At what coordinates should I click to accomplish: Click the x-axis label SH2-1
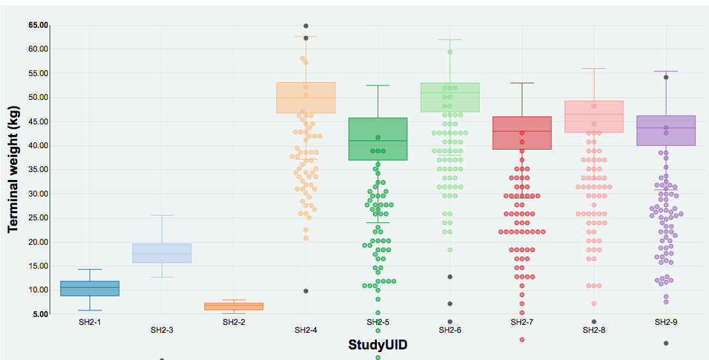click(x=89, y=322)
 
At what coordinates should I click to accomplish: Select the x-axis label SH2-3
click(x=161, y=330)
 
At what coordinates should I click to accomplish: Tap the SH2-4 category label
click(x=306, y=330)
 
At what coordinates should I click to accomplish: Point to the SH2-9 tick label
click(x=665, y=322)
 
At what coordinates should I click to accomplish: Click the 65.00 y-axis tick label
click(x=38, y=25)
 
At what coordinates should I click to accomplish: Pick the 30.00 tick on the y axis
click(x=38, y=194)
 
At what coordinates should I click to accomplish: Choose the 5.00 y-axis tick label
click(x=40, y=314)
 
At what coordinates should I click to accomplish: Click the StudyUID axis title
click(x=378, y=345)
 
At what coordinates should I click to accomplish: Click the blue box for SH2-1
click(x=90, y=289)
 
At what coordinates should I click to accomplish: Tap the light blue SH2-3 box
click(x=162, y=253)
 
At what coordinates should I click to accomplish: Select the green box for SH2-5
click(x=378, y=139)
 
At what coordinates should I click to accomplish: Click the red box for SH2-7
click(x=522, y=133)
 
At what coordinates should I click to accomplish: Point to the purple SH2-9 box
click(x=666, y=130)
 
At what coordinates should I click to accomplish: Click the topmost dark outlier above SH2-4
click(x=306, y=26)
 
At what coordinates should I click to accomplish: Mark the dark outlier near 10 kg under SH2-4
click(x=306, y=291)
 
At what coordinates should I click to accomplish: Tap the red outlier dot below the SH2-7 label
click(x=522, y=339)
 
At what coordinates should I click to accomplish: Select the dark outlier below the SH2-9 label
click(x=666, y=343)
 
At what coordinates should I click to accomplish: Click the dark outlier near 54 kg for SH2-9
click(x=666, y=77)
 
